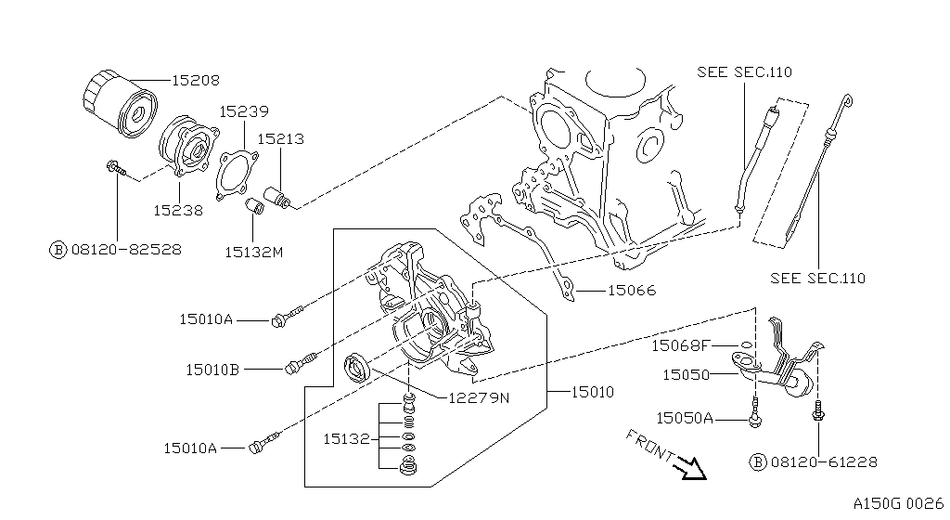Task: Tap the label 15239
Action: click(x=244, y=111)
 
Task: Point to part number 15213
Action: click(x=280, y=139)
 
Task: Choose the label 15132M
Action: click(x=253, y=251)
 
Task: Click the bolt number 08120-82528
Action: click(x=125, y=250)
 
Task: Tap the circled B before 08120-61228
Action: click(x=758, y=461)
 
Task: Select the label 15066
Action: click(x=631, y=291)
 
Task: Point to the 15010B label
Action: click(x=212, y=369)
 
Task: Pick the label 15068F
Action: click(x=680, y=345)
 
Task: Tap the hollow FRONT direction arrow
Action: click(x=692, y=467)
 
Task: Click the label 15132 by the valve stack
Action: click(x=347, y=437)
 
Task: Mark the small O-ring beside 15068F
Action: click(x=748, y=344)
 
